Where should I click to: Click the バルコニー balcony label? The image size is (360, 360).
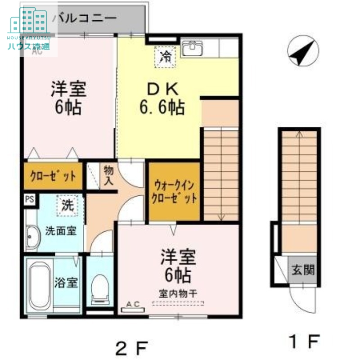[85, 18]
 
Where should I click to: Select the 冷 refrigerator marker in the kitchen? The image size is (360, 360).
[166, 57]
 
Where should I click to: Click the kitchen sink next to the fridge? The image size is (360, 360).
[193, 48]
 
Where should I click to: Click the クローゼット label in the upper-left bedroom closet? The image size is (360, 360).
[53, 176]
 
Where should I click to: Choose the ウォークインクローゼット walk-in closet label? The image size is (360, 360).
[175, 192]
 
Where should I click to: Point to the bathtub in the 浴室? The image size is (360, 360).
[41, 286]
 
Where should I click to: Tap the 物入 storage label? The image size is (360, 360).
[109, 175]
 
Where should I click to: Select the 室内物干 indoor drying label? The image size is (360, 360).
[178, 292]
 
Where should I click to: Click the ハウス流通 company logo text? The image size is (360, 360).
[28, 45]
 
